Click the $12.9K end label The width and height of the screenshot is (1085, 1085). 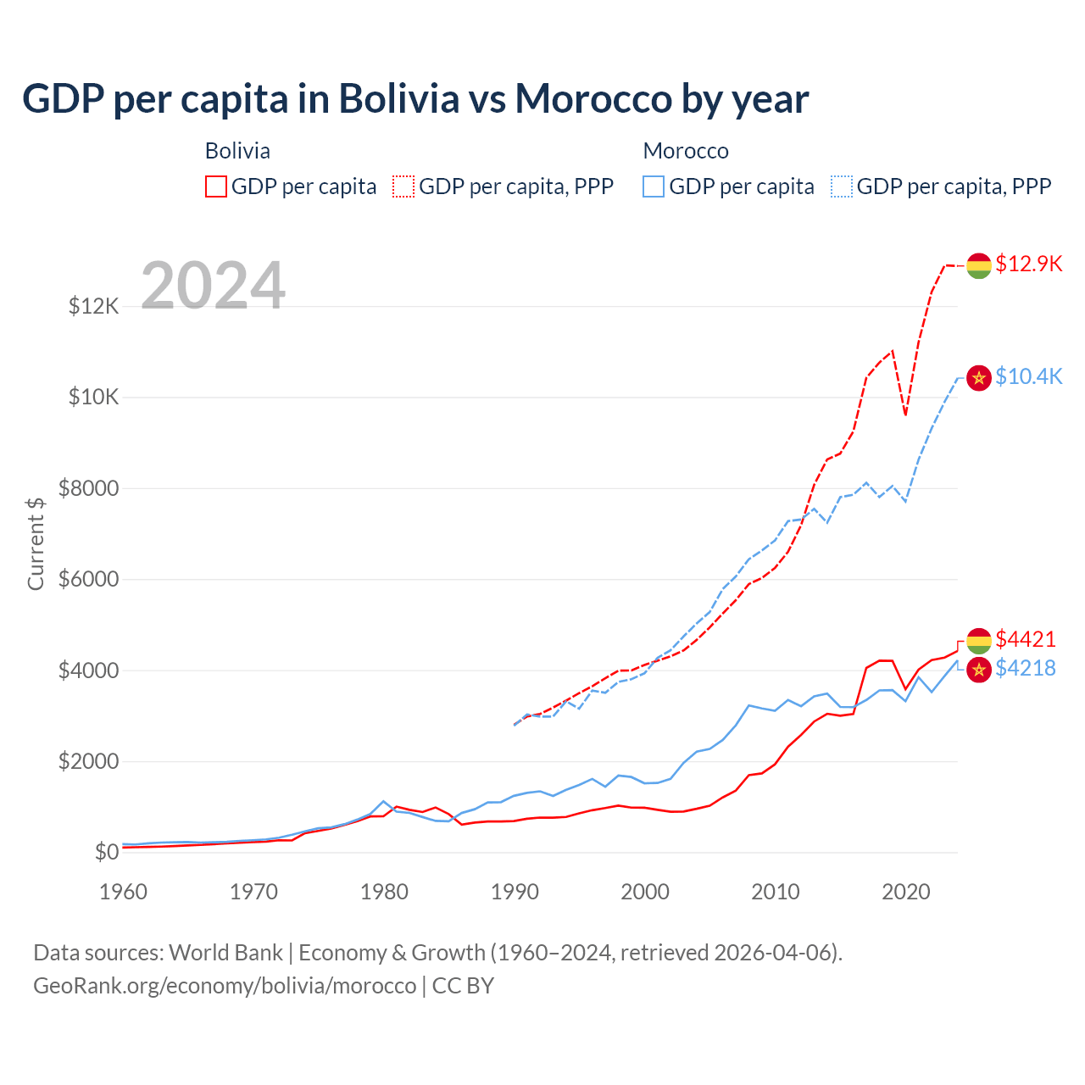point(1028,264)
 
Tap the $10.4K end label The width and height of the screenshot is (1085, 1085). point(1028,376)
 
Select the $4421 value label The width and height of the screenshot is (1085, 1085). point(1026,639)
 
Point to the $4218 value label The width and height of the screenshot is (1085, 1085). point(1026,668)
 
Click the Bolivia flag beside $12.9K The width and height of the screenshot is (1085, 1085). point(979,265)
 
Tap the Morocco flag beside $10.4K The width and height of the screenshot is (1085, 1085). point(979,378)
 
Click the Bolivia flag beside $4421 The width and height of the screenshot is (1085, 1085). point(979,641)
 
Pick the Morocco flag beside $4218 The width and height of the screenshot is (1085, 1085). point(979,670)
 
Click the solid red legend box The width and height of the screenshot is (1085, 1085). point(216,186)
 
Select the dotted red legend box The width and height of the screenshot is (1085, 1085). point(404,186)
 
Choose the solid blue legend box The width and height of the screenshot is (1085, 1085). point(654,186)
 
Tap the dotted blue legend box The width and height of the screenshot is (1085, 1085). point(842,186)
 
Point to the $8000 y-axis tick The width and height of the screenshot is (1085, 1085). point(88,488)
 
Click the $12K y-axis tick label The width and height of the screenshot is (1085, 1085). point(93,306)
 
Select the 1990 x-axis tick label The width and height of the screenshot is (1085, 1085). point(515,892)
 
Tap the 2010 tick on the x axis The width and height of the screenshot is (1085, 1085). point(776,892)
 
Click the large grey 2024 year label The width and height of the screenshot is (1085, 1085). point(214,286)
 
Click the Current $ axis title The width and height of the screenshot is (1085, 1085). point(36,543)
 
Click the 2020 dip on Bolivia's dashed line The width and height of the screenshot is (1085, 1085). point(905,415)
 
